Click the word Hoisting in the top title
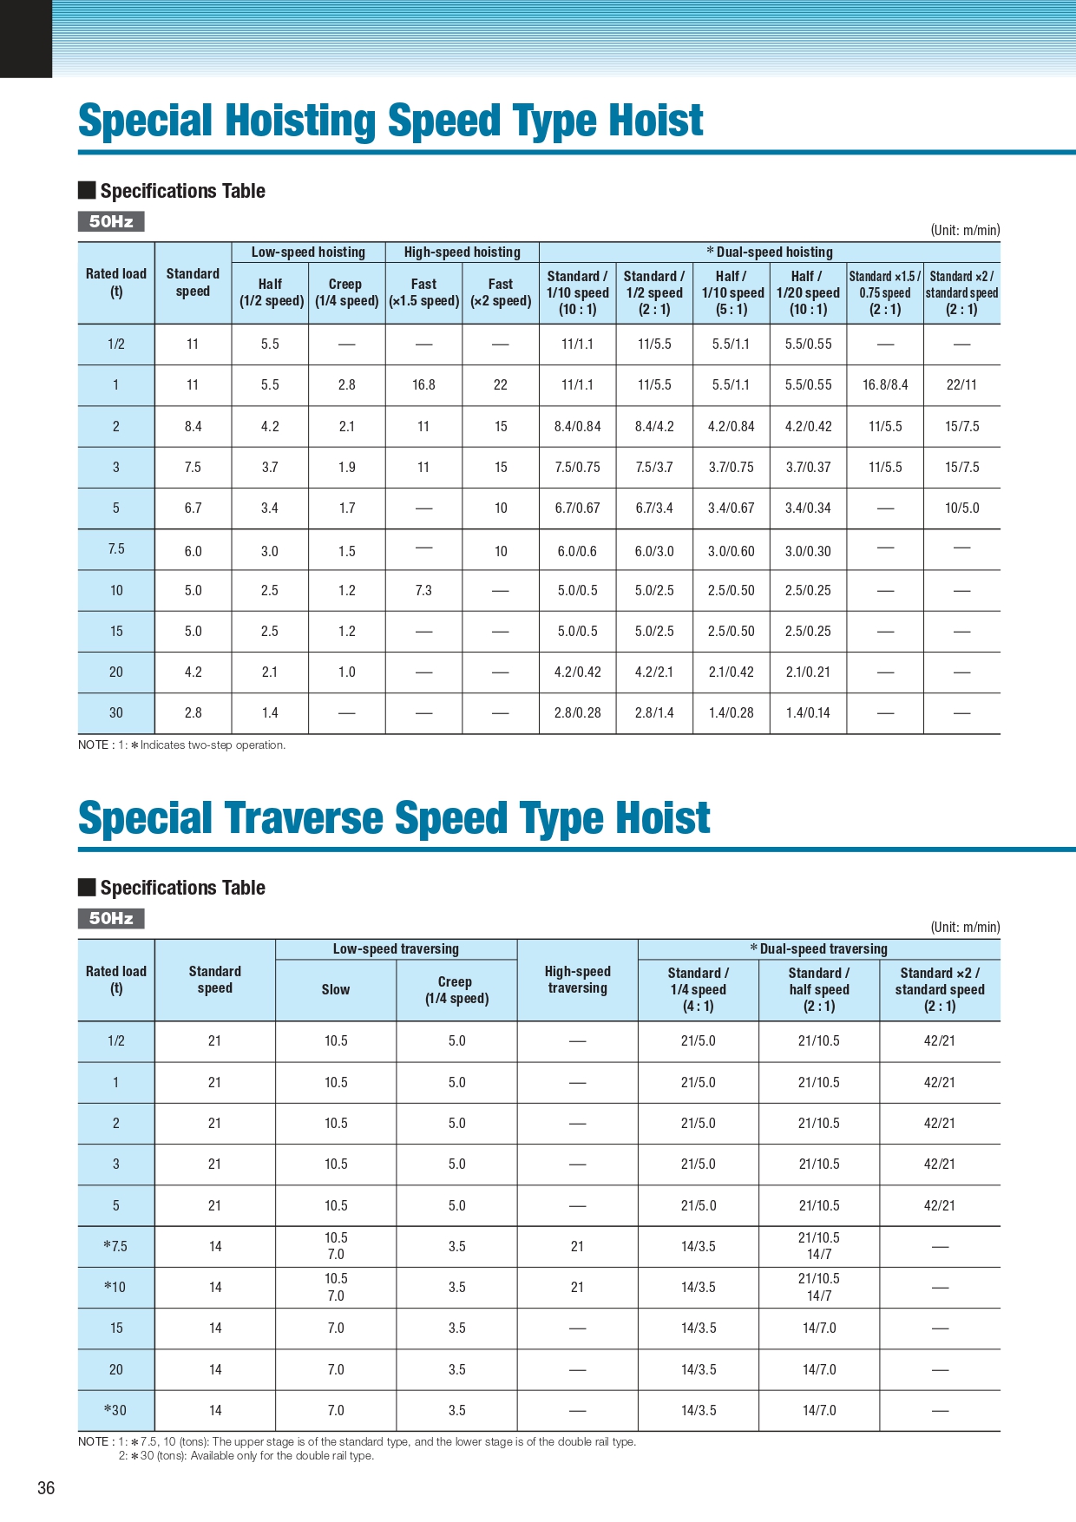[x=295, y=121]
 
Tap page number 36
[x=46, y=1488]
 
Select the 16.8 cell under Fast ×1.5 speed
[x=423, y=384]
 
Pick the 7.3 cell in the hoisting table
[x=423, y=590]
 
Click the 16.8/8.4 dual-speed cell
[x=885, y=384]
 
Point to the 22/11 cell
[x=961, y=384]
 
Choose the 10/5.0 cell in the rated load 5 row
[x=961, y=508]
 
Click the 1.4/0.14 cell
[x=808, y=712]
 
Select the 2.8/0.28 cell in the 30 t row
[x=577, y=712]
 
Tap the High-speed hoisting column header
[x=462, y=253]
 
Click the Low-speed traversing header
[x=396, y=949]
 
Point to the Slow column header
[x=336, y=989]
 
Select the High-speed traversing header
[x=577, y=980]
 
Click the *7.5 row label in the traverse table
[x=115, y=1246]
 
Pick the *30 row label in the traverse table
[x=115, y=1410]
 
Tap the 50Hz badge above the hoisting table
[x=111, y=221]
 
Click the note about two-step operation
[x=181, y=745]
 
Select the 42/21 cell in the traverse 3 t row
[x=939, y=1164]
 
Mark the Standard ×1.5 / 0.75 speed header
[x=885, y=292]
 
